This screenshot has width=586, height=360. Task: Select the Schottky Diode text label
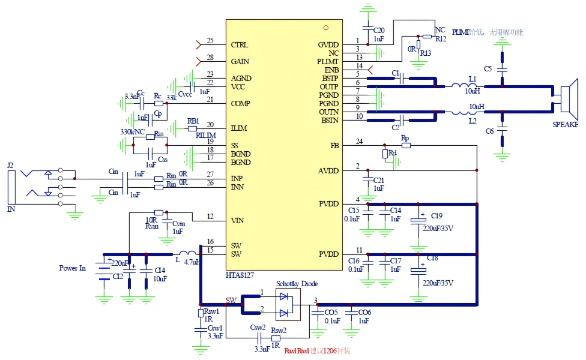tap(297, 283)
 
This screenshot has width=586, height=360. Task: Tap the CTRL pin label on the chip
tap(239, 45)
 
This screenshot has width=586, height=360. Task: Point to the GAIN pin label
tap(240, 62)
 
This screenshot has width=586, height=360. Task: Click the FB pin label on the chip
tap(334, 146)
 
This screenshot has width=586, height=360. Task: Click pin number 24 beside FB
tap(359, 142)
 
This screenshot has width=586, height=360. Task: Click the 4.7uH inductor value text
tap(192, 262)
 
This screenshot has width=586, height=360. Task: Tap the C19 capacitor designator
tap(436, 216)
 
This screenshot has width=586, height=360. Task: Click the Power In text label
tap(73, 268)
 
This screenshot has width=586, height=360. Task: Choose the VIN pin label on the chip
tap(237, 221)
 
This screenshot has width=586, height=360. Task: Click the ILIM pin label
tap(238, 128)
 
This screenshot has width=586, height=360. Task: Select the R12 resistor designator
tap(441, 39)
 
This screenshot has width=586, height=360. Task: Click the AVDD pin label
tap(328, 171)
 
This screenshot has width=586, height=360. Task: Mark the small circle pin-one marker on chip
tap(326, 28)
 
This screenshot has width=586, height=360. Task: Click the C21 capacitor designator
tap(378, 180)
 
